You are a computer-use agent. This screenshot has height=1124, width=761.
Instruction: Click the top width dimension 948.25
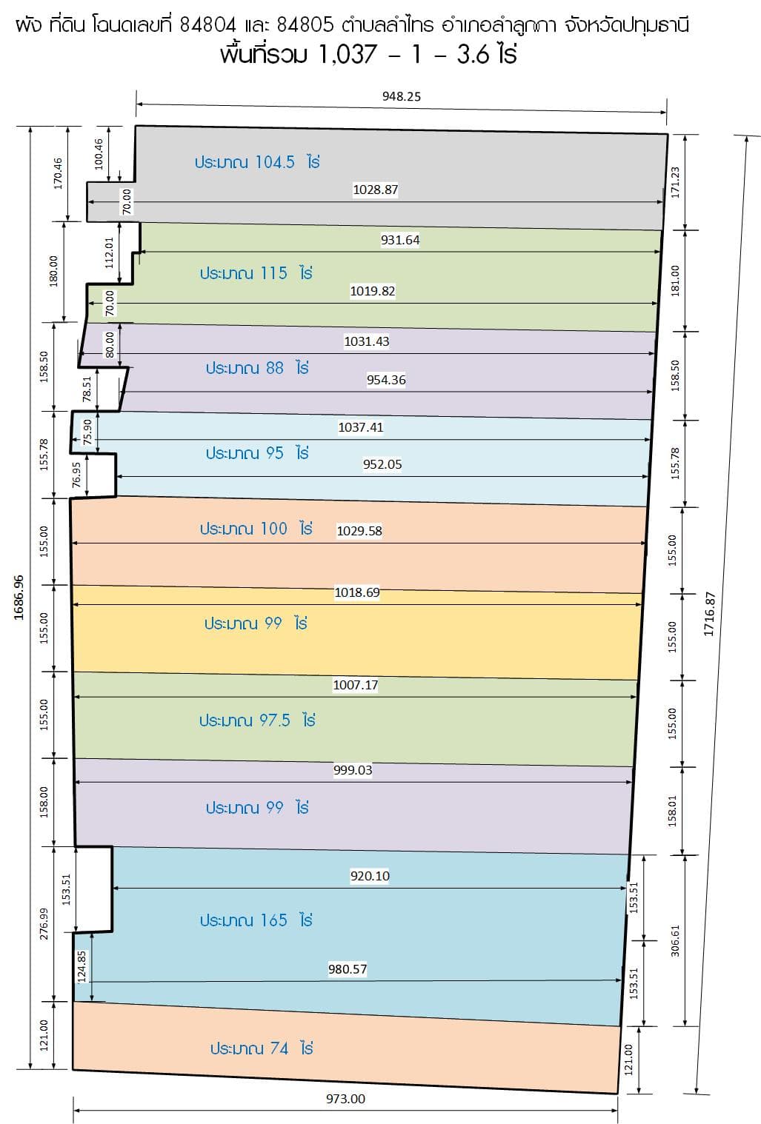click(402, 96)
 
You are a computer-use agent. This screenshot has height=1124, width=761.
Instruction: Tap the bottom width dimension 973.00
click(345, 1098)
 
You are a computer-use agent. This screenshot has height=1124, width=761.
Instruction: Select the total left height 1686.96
click(19, 598)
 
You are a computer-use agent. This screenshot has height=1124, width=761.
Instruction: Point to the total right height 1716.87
click(708, 614)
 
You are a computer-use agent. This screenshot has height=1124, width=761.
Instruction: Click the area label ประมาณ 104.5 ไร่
click(257, 162)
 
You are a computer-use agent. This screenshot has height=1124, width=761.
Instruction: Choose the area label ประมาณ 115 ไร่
click(256, 273)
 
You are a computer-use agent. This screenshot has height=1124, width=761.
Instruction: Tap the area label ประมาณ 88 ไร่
click(257, 368)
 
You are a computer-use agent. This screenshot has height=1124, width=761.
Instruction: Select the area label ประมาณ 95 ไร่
click(257, 453)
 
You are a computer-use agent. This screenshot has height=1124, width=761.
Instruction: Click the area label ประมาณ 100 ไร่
click(256, 529)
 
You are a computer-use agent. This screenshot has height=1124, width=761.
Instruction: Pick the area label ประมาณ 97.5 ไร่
click(257, 720)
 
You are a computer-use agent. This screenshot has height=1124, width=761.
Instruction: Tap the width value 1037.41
click(361, 427)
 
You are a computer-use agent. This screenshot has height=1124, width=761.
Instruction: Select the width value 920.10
click(370, 876)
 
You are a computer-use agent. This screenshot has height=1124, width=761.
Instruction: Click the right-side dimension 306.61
click(675, 941)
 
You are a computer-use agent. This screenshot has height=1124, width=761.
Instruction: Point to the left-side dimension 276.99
click(44, 924)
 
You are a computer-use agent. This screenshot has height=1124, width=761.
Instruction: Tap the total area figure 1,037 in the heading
click(348, 54)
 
